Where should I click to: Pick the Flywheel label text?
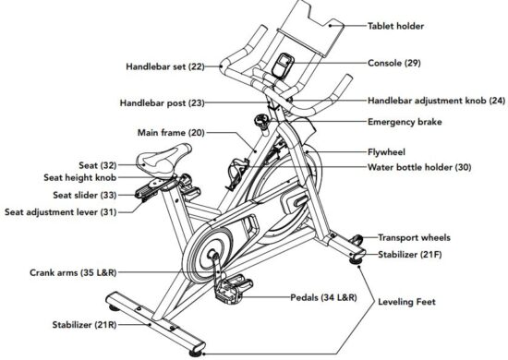pyautogui.click(x=388, y=150)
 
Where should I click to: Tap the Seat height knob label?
pyautogui.click(x=81, y=177)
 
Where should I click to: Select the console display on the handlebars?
pyautogui.click(x=280, y=66)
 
